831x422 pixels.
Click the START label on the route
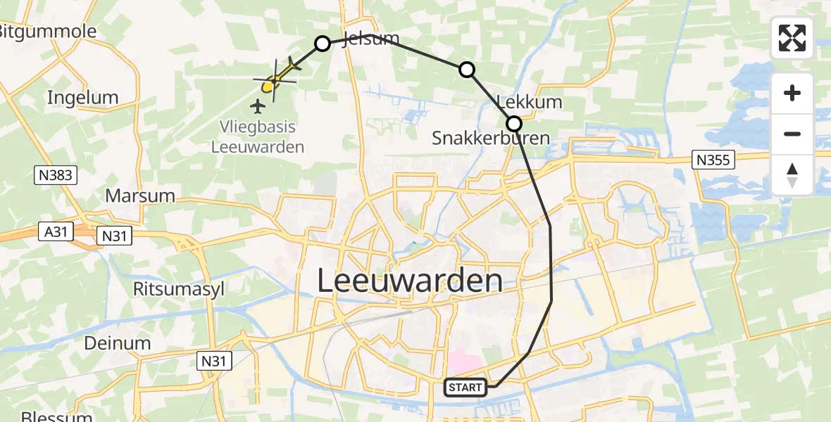465,387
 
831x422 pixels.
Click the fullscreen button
792,38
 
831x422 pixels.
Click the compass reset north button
792,175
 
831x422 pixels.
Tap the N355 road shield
713,160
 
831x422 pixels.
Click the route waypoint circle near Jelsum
322,44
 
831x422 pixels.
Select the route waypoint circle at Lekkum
514,124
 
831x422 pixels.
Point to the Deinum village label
118,343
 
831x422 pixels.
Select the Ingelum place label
82,98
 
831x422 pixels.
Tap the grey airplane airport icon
258,107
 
